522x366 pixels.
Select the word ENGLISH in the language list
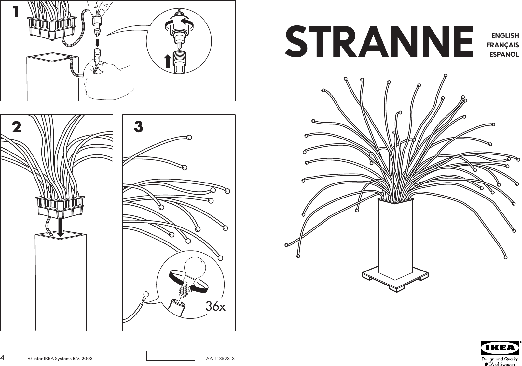[x=505, y=36]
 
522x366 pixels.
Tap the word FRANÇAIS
[x=502, y=45]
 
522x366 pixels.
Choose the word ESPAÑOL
[x=504, y=54]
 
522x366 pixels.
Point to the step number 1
[x=15, y=12]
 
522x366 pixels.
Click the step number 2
[x=16, y=127]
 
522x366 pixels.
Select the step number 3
[x=138, y=127]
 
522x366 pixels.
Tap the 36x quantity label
[x=215, y=307]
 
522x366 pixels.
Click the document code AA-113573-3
[x=220, y=359]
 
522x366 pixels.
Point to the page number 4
[x=3, y=358]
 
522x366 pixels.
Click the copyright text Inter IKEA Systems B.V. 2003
[x=60, y=359]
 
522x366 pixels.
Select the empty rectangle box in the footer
[x=171, y=356]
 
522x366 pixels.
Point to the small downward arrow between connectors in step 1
[x=97, y=43]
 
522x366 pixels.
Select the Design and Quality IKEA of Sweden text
[x=500, y=361]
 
